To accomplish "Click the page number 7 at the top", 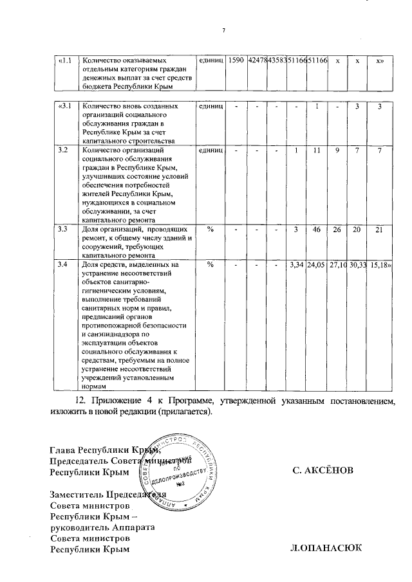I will click(223, 30).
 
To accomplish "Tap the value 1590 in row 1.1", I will click(236, 60).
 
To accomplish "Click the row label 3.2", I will click(63, 150).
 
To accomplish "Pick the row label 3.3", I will click(63, 229).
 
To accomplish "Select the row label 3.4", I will click(63, 264).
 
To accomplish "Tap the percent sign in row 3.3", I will click(211, 229).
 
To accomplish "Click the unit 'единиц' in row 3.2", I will click(211, 150).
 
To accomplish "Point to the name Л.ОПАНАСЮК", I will click(326, 549).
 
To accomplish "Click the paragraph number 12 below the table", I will click(80, 400).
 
